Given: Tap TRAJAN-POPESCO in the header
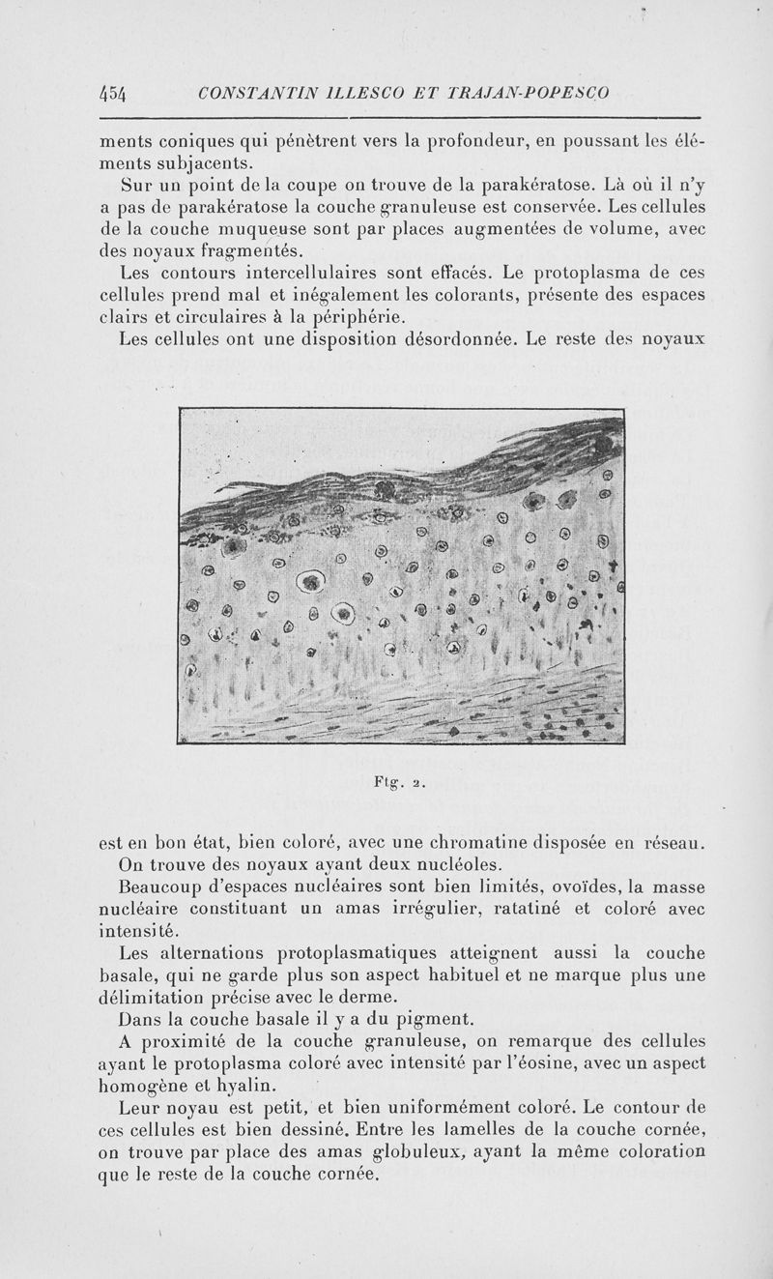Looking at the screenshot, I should click(x=528, y=94).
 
